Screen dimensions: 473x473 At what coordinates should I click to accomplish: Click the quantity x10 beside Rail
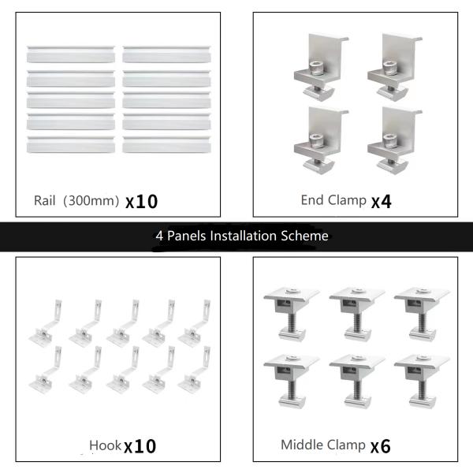click(142, 201)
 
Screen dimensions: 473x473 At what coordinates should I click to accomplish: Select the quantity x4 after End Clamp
click(381, 200)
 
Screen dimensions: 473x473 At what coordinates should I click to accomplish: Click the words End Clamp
click(333, 200)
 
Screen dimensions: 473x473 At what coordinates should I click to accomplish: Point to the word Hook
click(105, 446)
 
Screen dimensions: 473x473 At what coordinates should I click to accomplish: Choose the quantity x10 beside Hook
click(140, 446)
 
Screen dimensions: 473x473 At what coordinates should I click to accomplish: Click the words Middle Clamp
click(323, 445)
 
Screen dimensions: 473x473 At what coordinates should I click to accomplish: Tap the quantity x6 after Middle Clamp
click(381, 446)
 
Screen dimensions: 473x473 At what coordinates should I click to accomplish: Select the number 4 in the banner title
click(159, 236)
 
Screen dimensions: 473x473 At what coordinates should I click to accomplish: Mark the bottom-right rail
click(167, 145)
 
